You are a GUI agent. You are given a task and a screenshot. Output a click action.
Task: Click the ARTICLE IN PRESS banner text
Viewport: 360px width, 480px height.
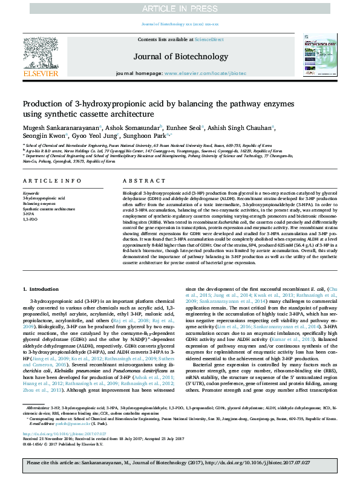[x=180, y=8]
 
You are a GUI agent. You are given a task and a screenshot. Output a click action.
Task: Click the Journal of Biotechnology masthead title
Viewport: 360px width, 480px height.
[x=180, y=55]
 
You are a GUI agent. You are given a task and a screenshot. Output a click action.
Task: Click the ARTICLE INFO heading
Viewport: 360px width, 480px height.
[x=52, y=181]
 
